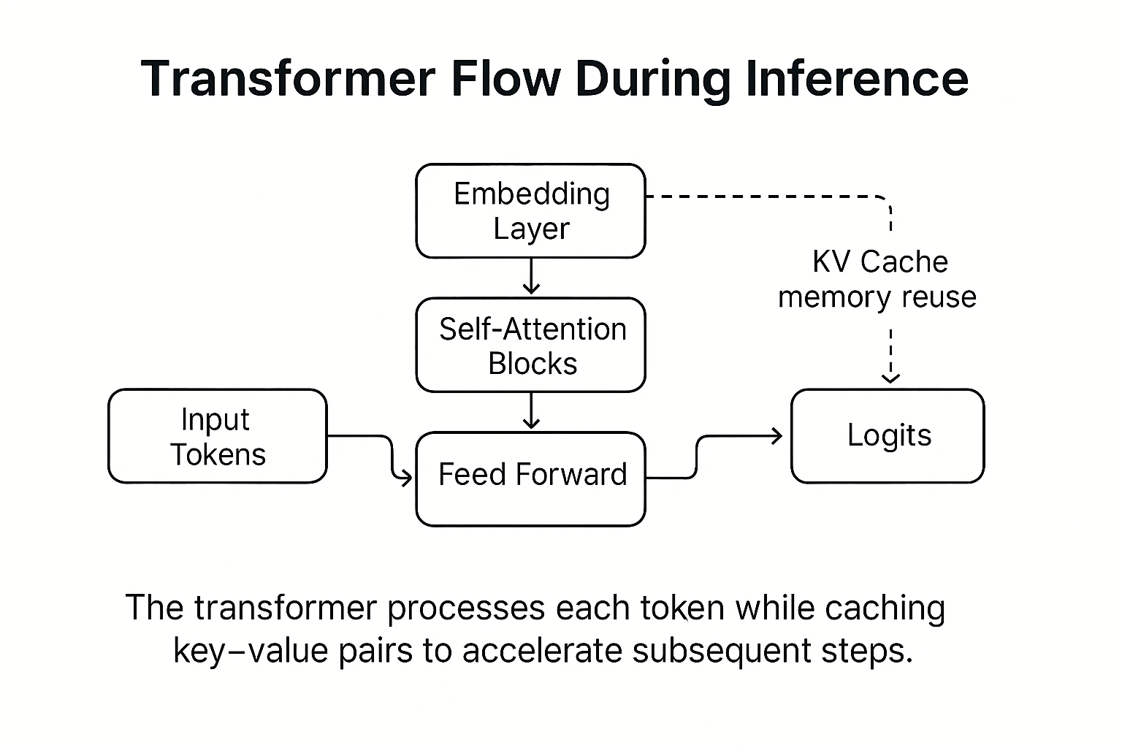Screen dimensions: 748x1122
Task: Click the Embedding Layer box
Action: coord(530,211)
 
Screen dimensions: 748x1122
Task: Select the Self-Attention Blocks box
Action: coord(530,345)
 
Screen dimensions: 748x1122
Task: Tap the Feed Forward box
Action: coord(530,478)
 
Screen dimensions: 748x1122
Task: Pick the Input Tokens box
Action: coord(217,436)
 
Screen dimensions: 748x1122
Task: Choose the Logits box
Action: coord(888,436)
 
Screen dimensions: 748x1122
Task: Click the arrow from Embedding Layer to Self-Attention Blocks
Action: coord(531,277)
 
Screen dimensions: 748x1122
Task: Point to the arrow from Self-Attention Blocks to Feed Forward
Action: coord(531,411)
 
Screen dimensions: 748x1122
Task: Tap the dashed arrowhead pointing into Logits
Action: coord(890,377)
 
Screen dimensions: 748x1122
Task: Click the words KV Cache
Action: coord(879,262)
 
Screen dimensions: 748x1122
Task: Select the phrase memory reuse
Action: coord(877,297)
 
